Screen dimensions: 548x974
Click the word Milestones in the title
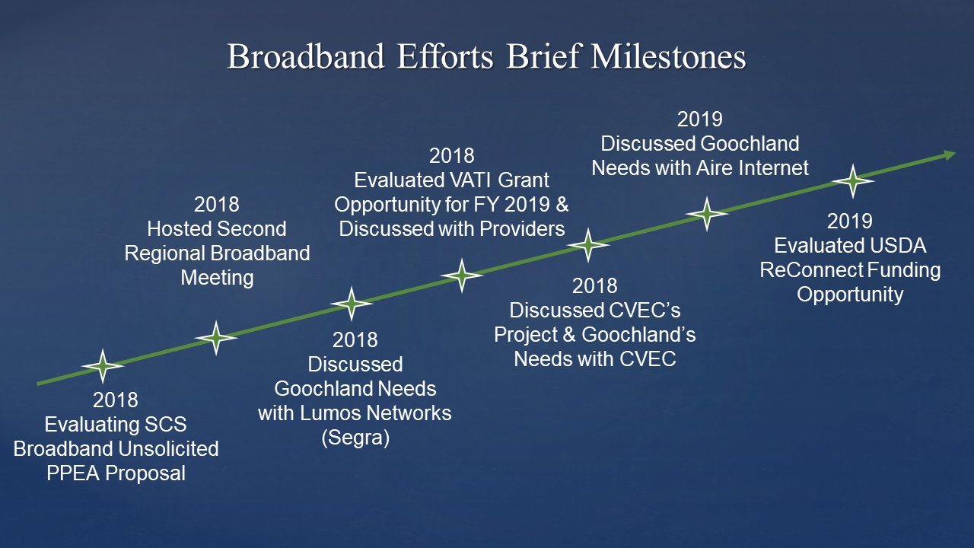tap(668, 58)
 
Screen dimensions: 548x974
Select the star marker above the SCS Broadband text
tap(103, 366)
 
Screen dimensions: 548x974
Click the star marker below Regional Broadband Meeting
tap(216, 337)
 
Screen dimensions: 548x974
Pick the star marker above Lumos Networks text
tap(352, 304)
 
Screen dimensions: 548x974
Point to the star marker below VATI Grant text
tap(462, 276)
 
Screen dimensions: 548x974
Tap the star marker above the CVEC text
tap(588, 244)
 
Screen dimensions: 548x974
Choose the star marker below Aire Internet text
tap(707, 214)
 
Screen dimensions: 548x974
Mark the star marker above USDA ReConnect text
tap(852, 180)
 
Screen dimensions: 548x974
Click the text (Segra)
tap(355, 438)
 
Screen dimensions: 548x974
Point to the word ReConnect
tap(811, 269)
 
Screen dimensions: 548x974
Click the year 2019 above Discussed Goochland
tap(699, 119)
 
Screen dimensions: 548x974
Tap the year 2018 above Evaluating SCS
tap(116, 400)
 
